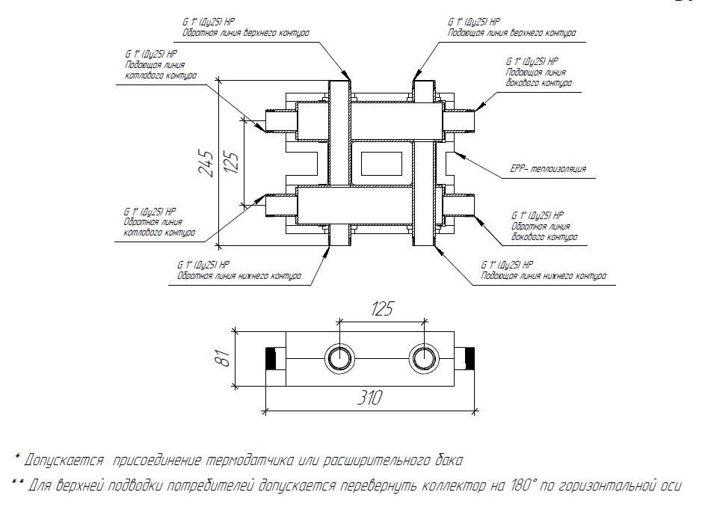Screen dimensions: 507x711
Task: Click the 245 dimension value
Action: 203,162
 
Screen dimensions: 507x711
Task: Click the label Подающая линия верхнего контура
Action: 511,34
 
